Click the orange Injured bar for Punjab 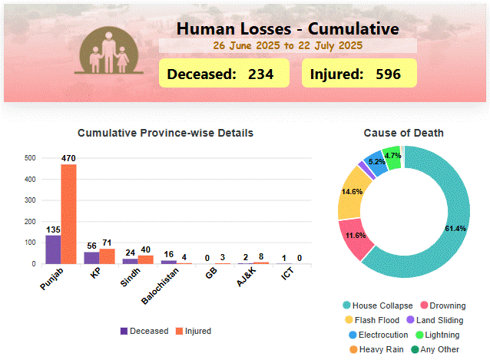(69, 214)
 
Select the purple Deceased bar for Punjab (53, 249)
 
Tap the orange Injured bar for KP (107, 256)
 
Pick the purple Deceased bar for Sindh (130, 261)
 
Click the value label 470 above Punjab (69, 158)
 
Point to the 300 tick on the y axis (31, 200)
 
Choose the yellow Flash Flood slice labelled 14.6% (352, 191)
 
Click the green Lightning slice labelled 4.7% (392, 157)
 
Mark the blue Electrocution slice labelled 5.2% (376, 163)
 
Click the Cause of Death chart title (403, 133)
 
